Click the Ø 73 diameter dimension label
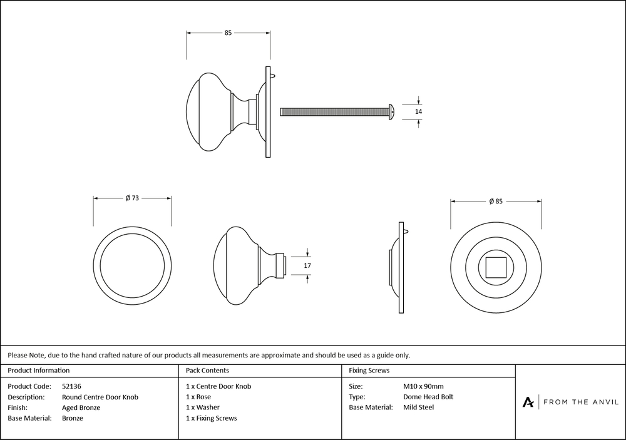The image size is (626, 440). [131, 198]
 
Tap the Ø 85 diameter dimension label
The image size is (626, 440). [496, 201]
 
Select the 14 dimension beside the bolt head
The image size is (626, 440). [419, 111]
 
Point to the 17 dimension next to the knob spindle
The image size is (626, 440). [307, 266]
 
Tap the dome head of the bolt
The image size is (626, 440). [391, 111]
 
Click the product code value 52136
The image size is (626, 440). [73, 386]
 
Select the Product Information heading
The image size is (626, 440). [39, 371]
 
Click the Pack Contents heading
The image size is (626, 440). [207, 371]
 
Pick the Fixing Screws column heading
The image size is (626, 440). [369, 371]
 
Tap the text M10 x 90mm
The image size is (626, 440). [424, 386]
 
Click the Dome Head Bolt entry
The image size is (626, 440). [428, 397]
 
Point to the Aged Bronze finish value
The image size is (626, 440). [81, 407]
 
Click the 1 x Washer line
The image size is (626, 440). [203, 407]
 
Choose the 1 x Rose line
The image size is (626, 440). [198, 397]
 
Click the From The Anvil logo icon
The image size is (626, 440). [528, 402]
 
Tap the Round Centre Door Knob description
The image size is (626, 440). [100, 397]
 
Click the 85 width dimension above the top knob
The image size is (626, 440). [228, 33]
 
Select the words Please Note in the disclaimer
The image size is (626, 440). [24, 355]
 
